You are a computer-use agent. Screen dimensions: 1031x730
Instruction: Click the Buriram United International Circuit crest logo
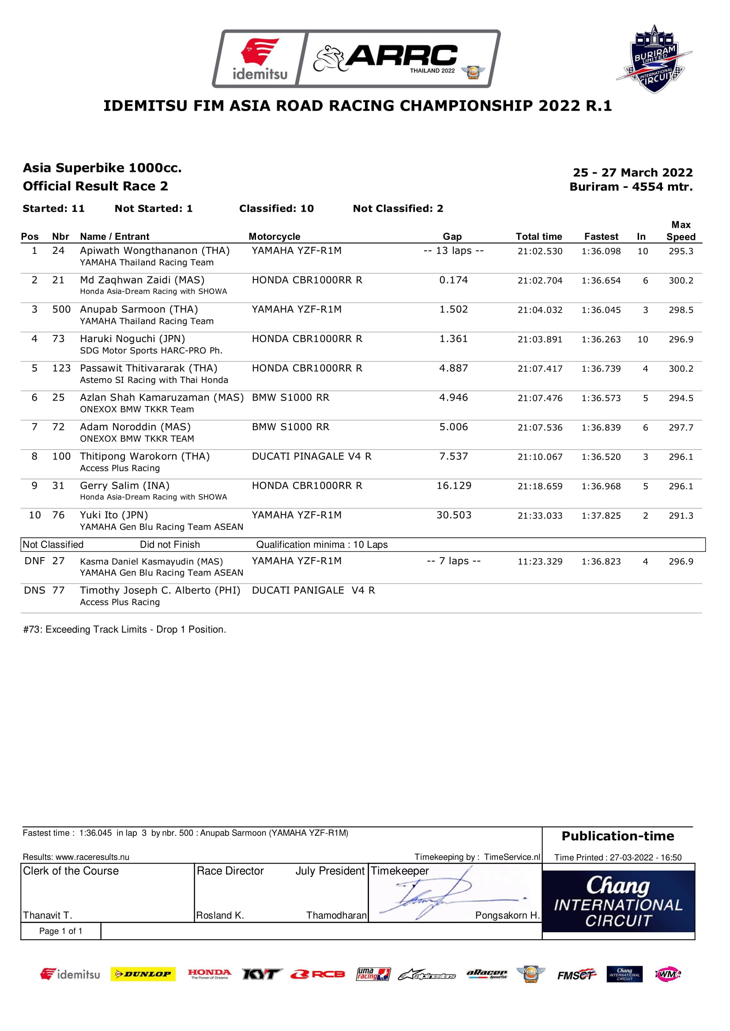pos(655,59)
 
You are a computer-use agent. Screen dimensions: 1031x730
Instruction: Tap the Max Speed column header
pos(681,231)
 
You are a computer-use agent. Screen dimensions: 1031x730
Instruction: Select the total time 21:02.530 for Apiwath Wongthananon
pos(540,251)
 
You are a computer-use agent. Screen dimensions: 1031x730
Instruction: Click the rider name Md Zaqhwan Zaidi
pos(142,280)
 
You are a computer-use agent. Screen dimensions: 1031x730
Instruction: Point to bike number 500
pos(61,309)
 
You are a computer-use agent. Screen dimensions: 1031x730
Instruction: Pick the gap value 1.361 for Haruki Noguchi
pos(454,339)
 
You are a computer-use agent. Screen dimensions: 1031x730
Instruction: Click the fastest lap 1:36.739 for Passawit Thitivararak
pos(601,368)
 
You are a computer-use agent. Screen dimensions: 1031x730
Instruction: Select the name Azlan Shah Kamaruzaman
pos(162,398)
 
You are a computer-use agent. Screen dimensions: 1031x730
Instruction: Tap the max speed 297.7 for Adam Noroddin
pos(681,428)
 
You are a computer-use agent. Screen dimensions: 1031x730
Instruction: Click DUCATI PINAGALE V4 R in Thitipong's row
pos(312,457)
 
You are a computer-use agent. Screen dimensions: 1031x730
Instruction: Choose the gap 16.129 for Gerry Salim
pos(454,486)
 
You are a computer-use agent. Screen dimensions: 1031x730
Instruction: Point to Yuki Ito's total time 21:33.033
pos(540,516)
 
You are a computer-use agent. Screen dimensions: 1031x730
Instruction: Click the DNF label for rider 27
pos(34,561)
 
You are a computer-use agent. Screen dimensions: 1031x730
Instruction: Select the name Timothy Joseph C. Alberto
pos(160,591)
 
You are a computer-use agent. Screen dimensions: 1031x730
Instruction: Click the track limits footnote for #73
pos(124,629)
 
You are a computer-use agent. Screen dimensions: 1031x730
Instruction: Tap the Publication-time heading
pos(617,836)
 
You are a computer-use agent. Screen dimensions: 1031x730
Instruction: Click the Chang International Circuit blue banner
pos(618,902)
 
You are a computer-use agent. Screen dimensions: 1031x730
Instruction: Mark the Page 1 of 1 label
pos(60,931)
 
